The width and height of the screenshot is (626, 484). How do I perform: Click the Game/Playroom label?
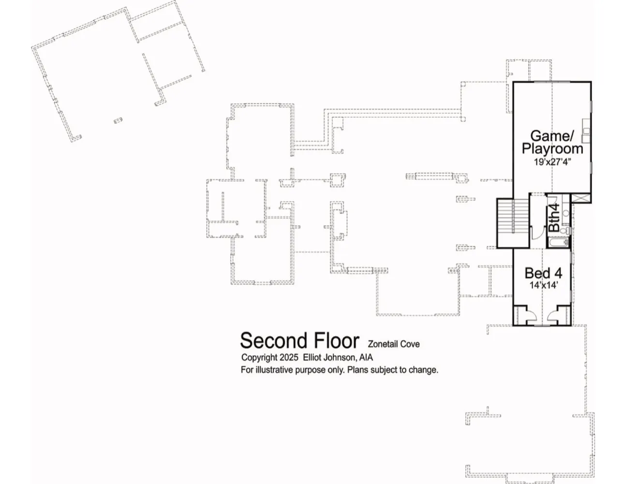(552, 142)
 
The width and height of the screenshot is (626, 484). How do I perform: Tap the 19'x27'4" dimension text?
(552, 162)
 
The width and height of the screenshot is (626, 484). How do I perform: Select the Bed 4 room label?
(543, 273)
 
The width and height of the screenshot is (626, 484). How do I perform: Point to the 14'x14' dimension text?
(544, 285)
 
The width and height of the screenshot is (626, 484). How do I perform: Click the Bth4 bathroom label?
(554, 218)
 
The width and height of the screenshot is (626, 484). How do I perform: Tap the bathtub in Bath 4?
(559, 242)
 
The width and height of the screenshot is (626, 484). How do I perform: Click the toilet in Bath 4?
(566, 230)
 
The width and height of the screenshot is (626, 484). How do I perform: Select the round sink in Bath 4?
(566, 213)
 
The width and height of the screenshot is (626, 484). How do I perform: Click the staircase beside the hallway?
(513, 223)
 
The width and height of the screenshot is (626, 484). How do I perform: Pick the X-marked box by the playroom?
(581, 198)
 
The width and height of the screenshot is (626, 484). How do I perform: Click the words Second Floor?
(299, 341)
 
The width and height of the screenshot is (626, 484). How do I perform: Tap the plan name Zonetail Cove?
(393, 344)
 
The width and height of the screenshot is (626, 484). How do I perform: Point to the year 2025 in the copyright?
(289, 358)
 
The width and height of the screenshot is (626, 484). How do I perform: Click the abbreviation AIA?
(366, 358)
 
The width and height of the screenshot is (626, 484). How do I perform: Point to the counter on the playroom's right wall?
(586, 131)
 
